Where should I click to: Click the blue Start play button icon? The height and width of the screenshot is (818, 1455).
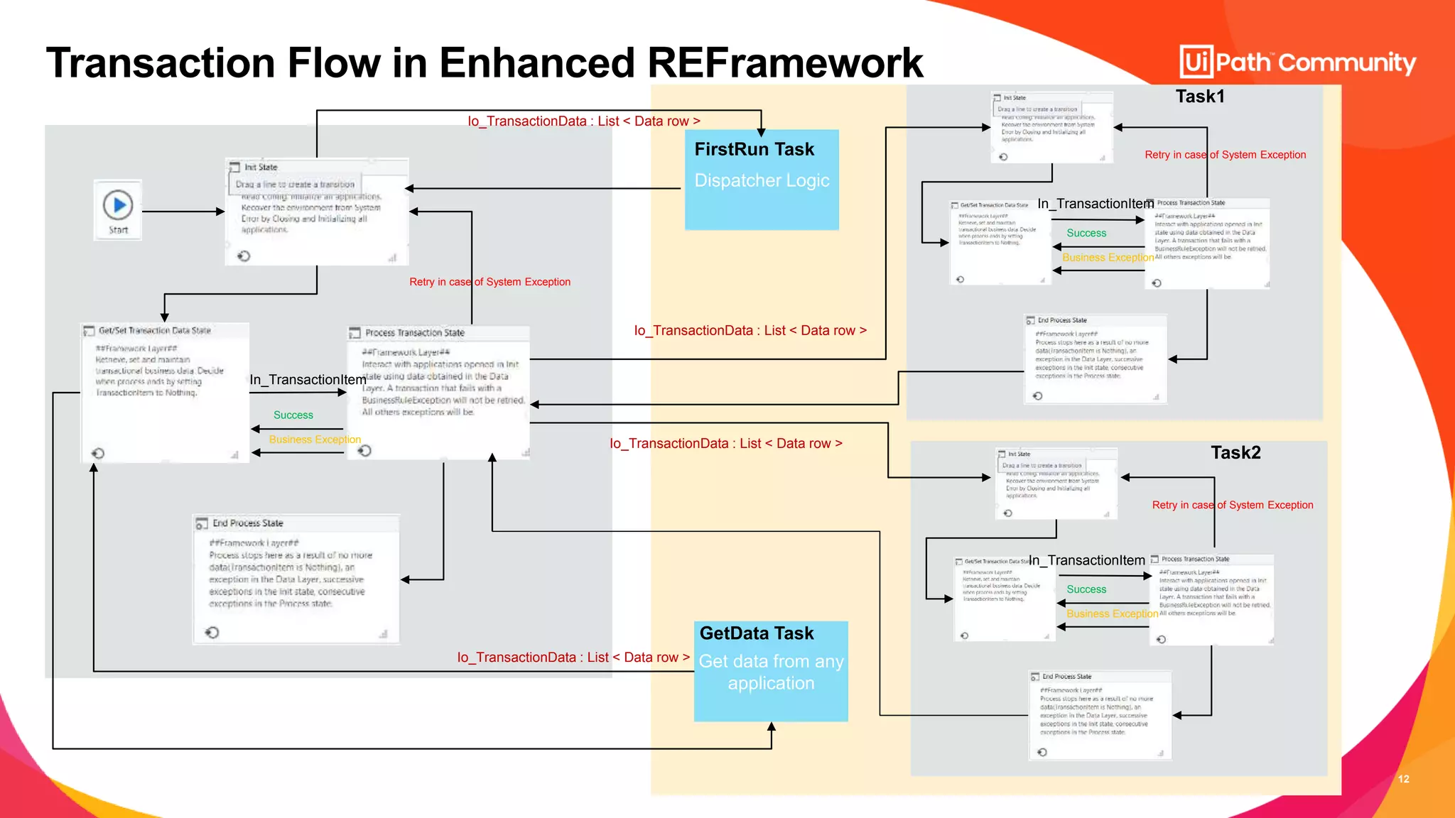coord(118,204)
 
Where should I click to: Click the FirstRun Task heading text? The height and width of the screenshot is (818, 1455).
coord(754,149)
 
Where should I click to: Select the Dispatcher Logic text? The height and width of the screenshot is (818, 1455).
coord(762,180)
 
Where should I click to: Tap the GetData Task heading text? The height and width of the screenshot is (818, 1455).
coord(757,633)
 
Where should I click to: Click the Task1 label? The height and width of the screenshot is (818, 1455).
coord(1200,97)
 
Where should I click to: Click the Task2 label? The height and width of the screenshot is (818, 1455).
coord(1235,453)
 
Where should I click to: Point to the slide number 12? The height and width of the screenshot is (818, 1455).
coord(1403,779)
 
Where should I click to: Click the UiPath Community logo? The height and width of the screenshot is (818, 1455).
coord(1297,62)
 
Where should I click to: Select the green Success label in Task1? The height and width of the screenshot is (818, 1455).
coord(1086,233)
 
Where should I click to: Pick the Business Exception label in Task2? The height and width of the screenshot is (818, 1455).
coord(1112,613)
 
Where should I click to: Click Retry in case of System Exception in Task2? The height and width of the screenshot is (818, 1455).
coord(1233,505)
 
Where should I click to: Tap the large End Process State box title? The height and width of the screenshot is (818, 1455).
coord(248,523)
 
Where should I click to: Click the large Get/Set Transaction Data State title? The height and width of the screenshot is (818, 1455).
coord(154,331)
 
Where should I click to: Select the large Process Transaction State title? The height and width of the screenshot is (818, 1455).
coord(415,333)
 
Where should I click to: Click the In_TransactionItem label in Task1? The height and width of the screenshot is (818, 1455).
coord(1096,204)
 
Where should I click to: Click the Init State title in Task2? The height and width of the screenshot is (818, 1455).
coord(1019,454)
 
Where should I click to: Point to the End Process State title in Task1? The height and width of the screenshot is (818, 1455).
coord(1062,320)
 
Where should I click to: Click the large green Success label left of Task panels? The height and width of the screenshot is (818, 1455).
coord(293,415)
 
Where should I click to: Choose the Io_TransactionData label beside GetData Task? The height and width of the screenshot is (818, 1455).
coord(573,658)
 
